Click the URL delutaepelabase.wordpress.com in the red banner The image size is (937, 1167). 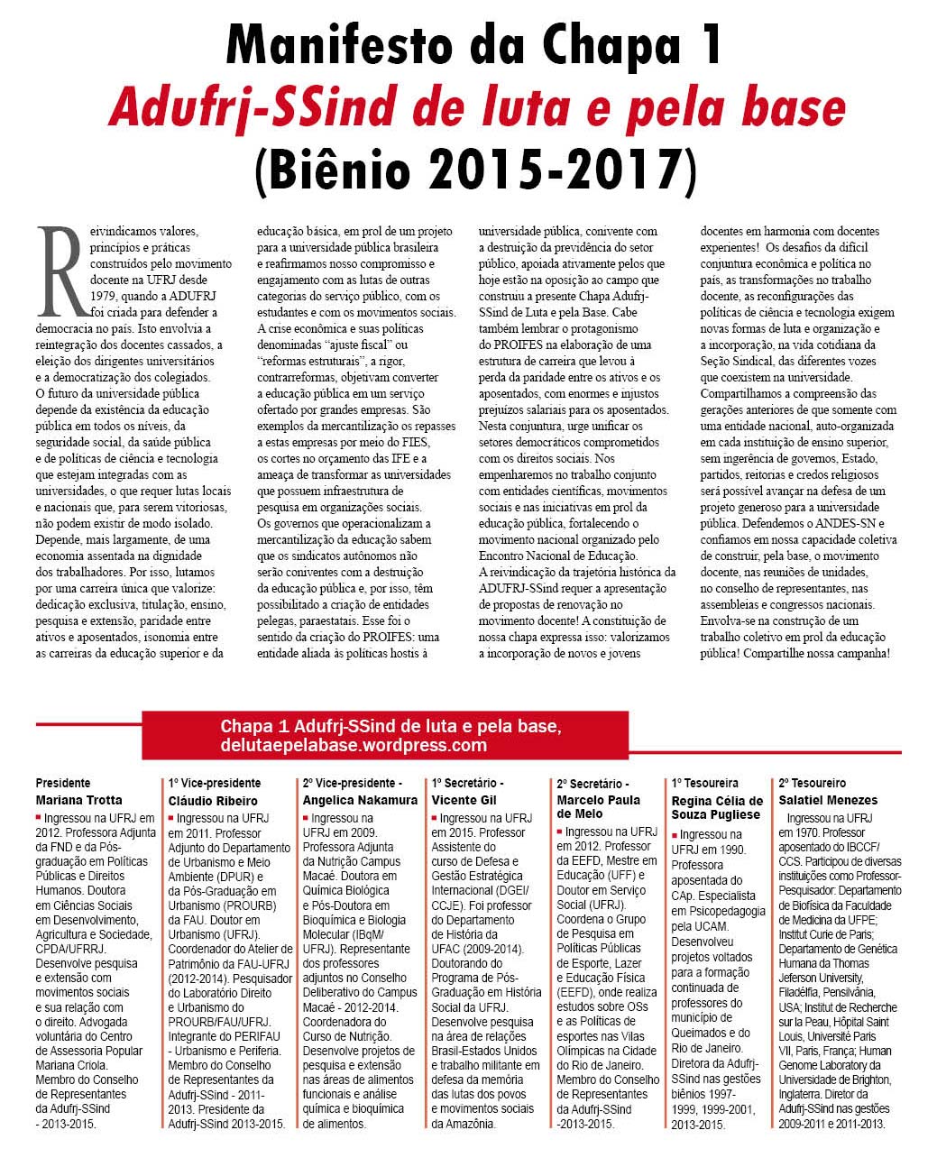[x=354, y=746]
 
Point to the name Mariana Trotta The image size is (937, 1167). [x=78, y=800]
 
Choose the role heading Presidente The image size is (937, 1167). [x=63, y=783]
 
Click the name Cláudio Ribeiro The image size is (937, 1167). [x=213, y=801]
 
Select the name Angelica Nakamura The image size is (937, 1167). [x=360, y=800]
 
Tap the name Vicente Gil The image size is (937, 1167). [x=464, y=800]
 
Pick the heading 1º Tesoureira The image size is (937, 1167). [x=704, y=783]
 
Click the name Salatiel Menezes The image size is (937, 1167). [x=828, y=800]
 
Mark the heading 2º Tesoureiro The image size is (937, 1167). [x=812, y=783]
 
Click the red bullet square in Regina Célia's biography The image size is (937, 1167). [x=675, y=835]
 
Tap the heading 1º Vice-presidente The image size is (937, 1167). [x=215, y=783]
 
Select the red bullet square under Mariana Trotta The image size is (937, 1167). [x=39, y=818]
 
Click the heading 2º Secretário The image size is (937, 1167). [x=593, y=784]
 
